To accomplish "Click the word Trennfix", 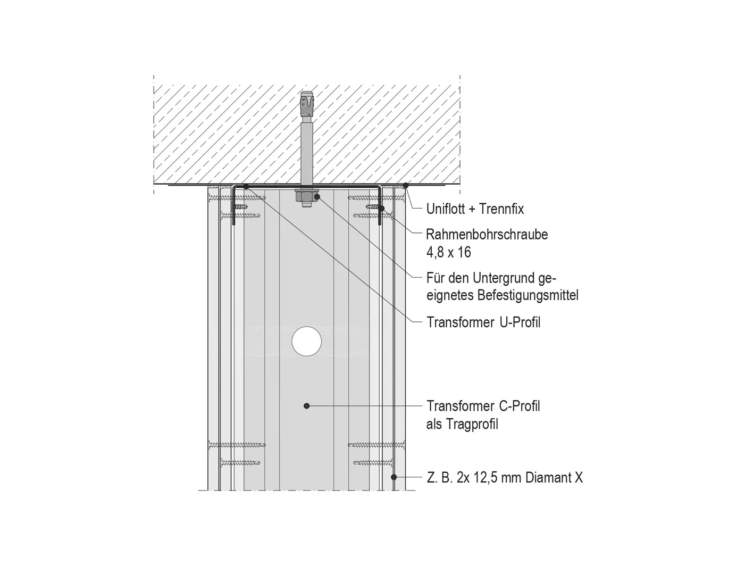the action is tap(501, 209).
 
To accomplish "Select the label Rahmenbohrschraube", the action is tap(487, 235).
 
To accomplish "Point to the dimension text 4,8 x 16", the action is tap(449, 253).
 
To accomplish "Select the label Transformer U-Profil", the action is tap(483, 322).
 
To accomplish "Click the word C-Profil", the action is tap(519, 406).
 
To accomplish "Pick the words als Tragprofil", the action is tap(462, 425).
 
